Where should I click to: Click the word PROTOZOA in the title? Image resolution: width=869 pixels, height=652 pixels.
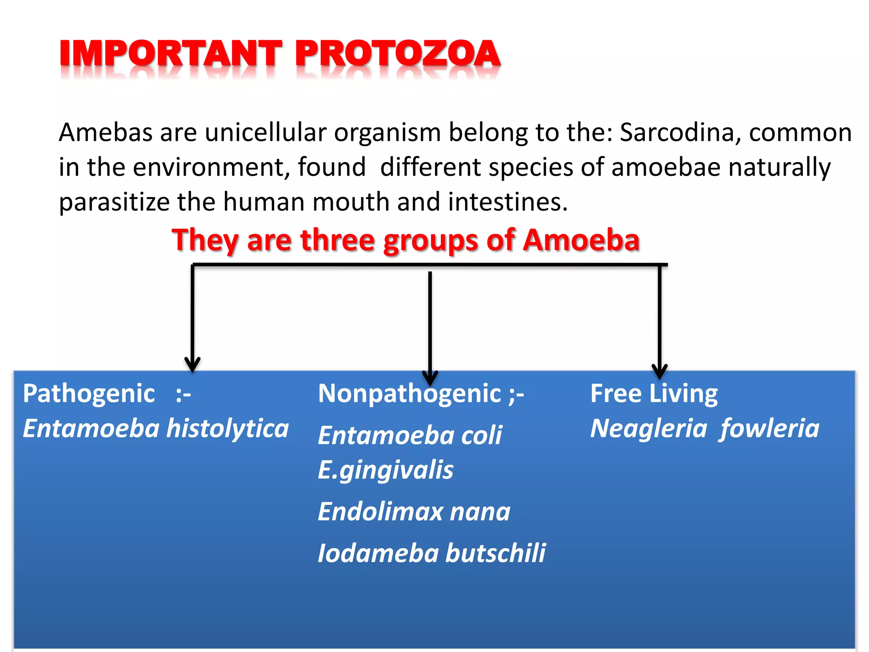coord(398,54)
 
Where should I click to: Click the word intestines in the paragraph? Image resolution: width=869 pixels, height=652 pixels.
coord(507,202)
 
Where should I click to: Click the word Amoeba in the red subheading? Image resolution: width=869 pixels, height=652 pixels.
coord(580,240)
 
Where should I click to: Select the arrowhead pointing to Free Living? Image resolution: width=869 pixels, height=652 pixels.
coord(659,371)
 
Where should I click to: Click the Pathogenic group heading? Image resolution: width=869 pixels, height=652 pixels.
coord(89,393)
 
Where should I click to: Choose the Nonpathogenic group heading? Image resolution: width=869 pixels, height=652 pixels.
coord(409,393)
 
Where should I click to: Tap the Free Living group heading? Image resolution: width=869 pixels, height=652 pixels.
coord(653,393)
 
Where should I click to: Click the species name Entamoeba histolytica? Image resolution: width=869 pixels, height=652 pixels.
coord(155,428)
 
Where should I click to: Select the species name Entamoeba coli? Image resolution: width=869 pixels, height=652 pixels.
coord(409,436)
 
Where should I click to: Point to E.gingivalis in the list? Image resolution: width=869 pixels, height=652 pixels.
coord(385,470)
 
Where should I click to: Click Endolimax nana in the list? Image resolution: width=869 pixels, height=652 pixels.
coord(414,511)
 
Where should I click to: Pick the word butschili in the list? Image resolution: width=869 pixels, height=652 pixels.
coord(495,553)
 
